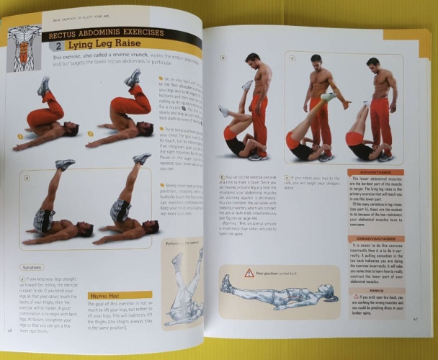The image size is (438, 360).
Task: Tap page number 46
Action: point(10,330)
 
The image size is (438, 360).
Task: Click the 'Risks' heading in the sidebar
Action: point(377,290)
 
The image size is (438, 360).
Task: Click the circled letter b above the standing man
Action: point(223,58)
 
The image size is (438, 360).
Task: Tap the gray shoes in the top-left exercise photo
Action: point(44,86)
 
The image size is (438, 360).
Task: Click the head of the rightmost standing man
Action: point(372,66)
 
